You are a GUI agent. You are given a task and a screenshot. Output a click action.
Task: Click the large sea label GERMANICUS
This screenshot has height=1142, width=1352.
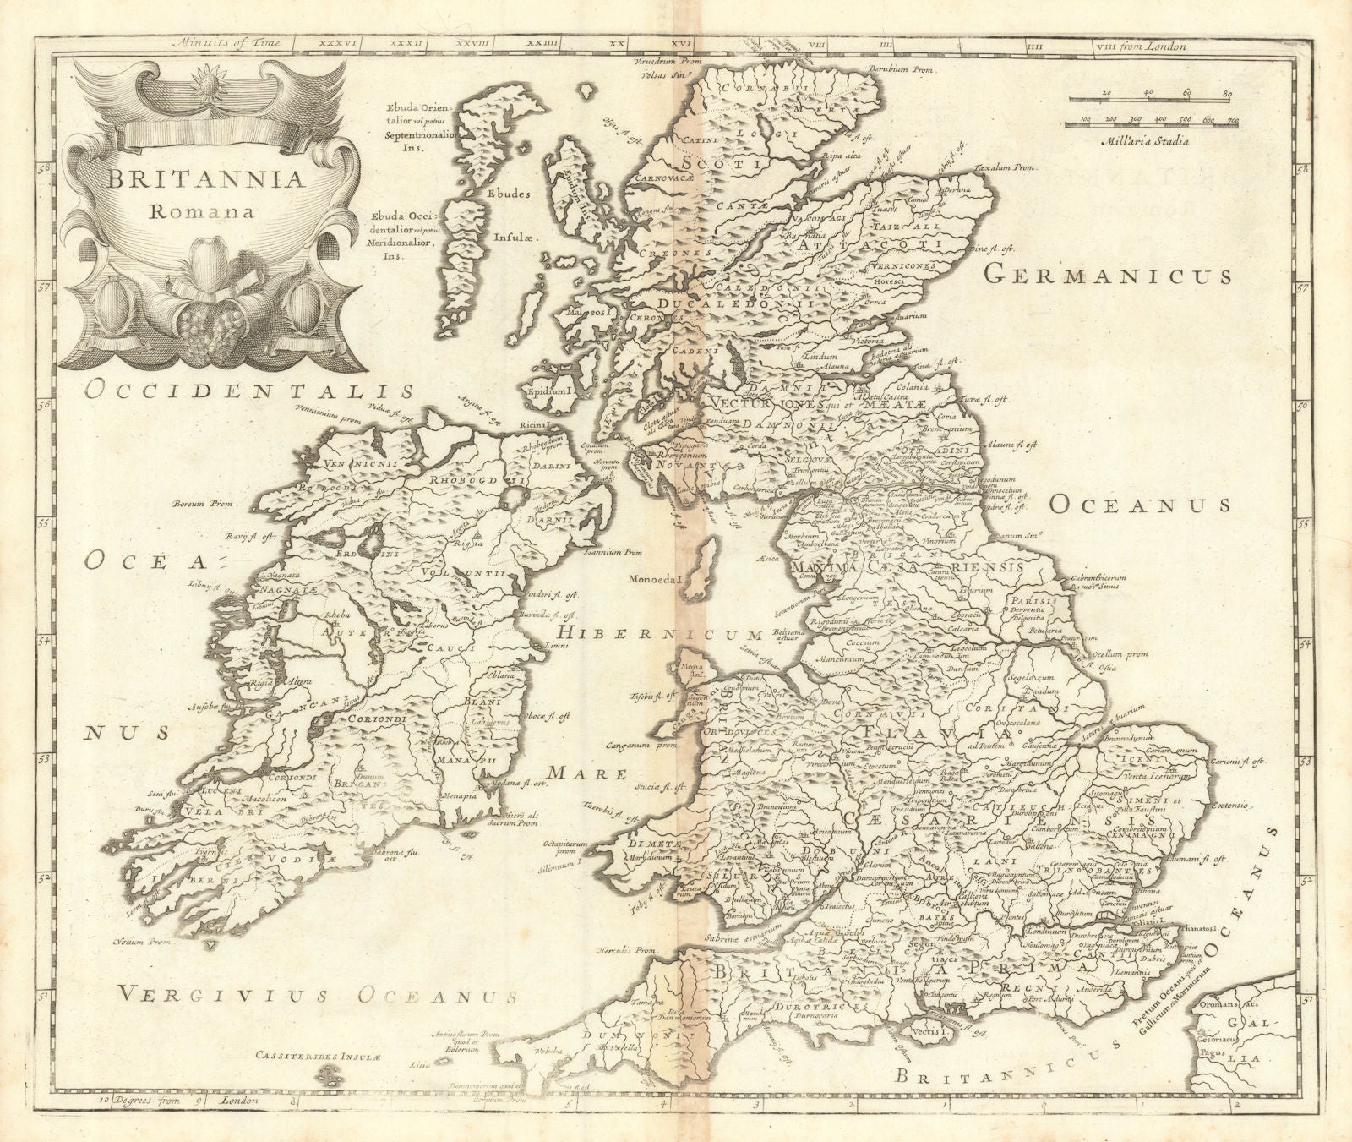click(1108, 276)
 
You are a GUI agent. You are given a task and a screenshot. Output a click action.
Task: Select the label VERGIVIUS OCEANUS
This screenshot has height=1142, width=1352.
click(317, 995)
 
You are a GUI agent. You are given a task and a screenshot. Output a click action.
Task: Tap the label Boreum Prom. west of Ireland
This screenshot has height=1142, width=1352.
click(201, 504)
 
